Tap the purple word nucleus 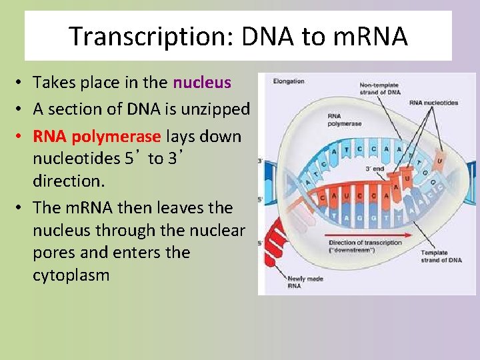click(x=201, y=83)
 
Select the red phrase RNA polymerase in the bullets click(x=97, y=137)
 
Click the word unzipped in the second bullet click(x=217, y=109)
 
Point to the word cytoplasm click(x=71, y=275)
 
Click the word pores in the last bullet click(x=57, y=253)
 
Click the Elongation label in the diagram click(x=288, y=82)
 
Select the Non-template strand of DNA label click(x=381, y=89)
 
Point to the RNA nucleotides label click(x=434, y=103)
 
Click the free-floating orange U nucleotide click(x=439, y=160)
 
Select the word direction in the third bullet click(x=65, y=181)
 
